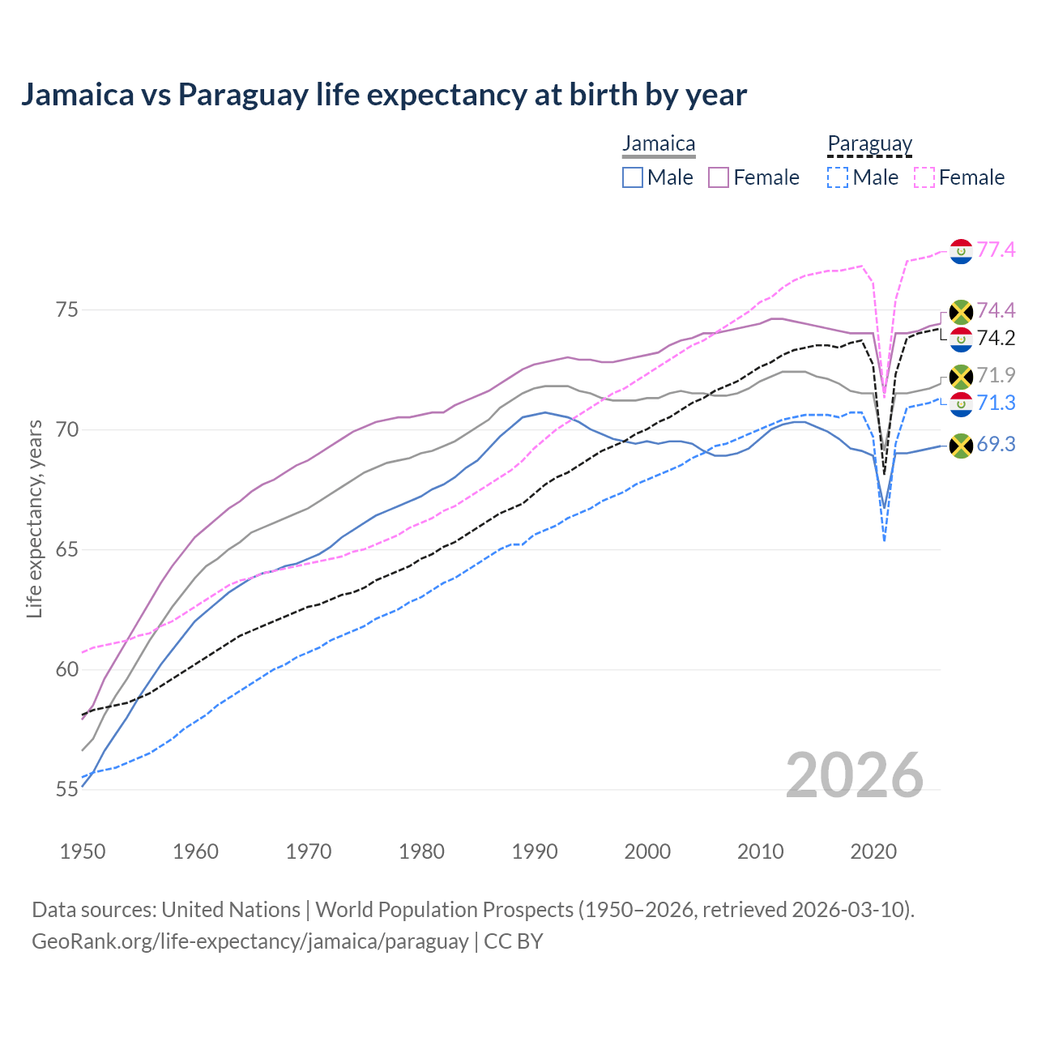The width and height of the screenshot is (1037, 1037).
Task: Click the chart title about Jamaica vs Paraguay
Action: [383, 95]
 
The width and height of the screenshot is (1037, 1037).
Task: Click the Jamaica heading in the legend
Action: [659, 144]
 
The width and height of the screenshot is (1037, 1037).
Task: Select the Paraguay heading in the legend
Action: [869, 144]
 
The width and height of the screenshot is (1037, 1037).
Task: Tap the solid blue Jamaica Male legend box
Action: [633, 177]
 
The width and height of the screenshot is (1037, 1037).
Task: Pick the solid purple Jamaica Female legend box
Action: [719, 177]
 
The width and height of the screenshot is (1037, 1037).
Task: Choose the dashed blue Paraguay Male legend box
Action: [838, 177]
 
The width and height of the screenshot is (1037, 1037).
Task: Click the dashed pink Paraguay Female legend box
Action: [924, 177]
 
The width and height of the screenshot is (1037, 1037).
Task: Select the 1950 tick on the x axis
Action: [83, 851]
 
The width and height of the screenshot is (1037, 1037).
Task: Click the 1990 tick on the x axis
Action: [535, 851]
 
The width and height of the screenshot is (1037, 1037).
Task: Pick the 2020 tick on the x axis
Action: [873, 851]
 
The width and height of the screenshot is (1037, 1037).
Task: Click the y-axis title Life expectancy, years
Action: [35, 518]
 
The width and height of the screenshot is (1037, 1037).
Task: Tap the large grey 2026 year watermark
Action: [854, 775]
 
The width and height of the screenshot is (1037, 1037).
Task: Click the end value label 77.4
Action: [996, 250]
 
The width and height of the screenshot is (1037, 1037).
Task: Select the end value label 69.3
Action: [996, 444]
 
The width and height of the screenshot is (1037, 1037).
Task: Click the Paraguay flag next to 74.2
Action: [961, 339]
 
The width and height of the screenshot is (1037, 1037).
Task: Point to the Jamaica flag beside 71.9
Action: [961, 377]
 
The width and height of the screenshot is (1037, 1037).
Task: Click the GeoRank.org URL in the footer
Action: [250, 941]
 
